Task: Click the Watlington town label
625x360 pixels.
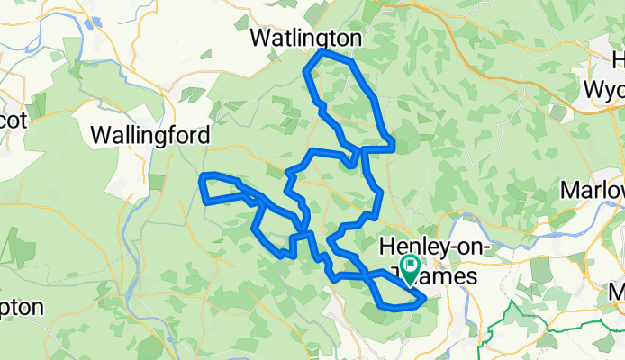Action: pyautogui.click(x=305, y=39)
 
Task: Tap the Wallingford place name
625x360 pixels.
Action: pyautogui.click(x=150, y=135)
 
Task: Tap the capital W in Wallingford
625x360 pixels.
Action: pyautogui.click(x=101, y=135)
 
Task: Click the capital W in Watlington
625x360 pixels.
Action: pyautogui.click(x=262, y=39)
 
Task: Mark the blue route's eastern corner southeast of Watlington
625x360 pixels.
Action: pyautogui.click(x=394, y=144)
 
